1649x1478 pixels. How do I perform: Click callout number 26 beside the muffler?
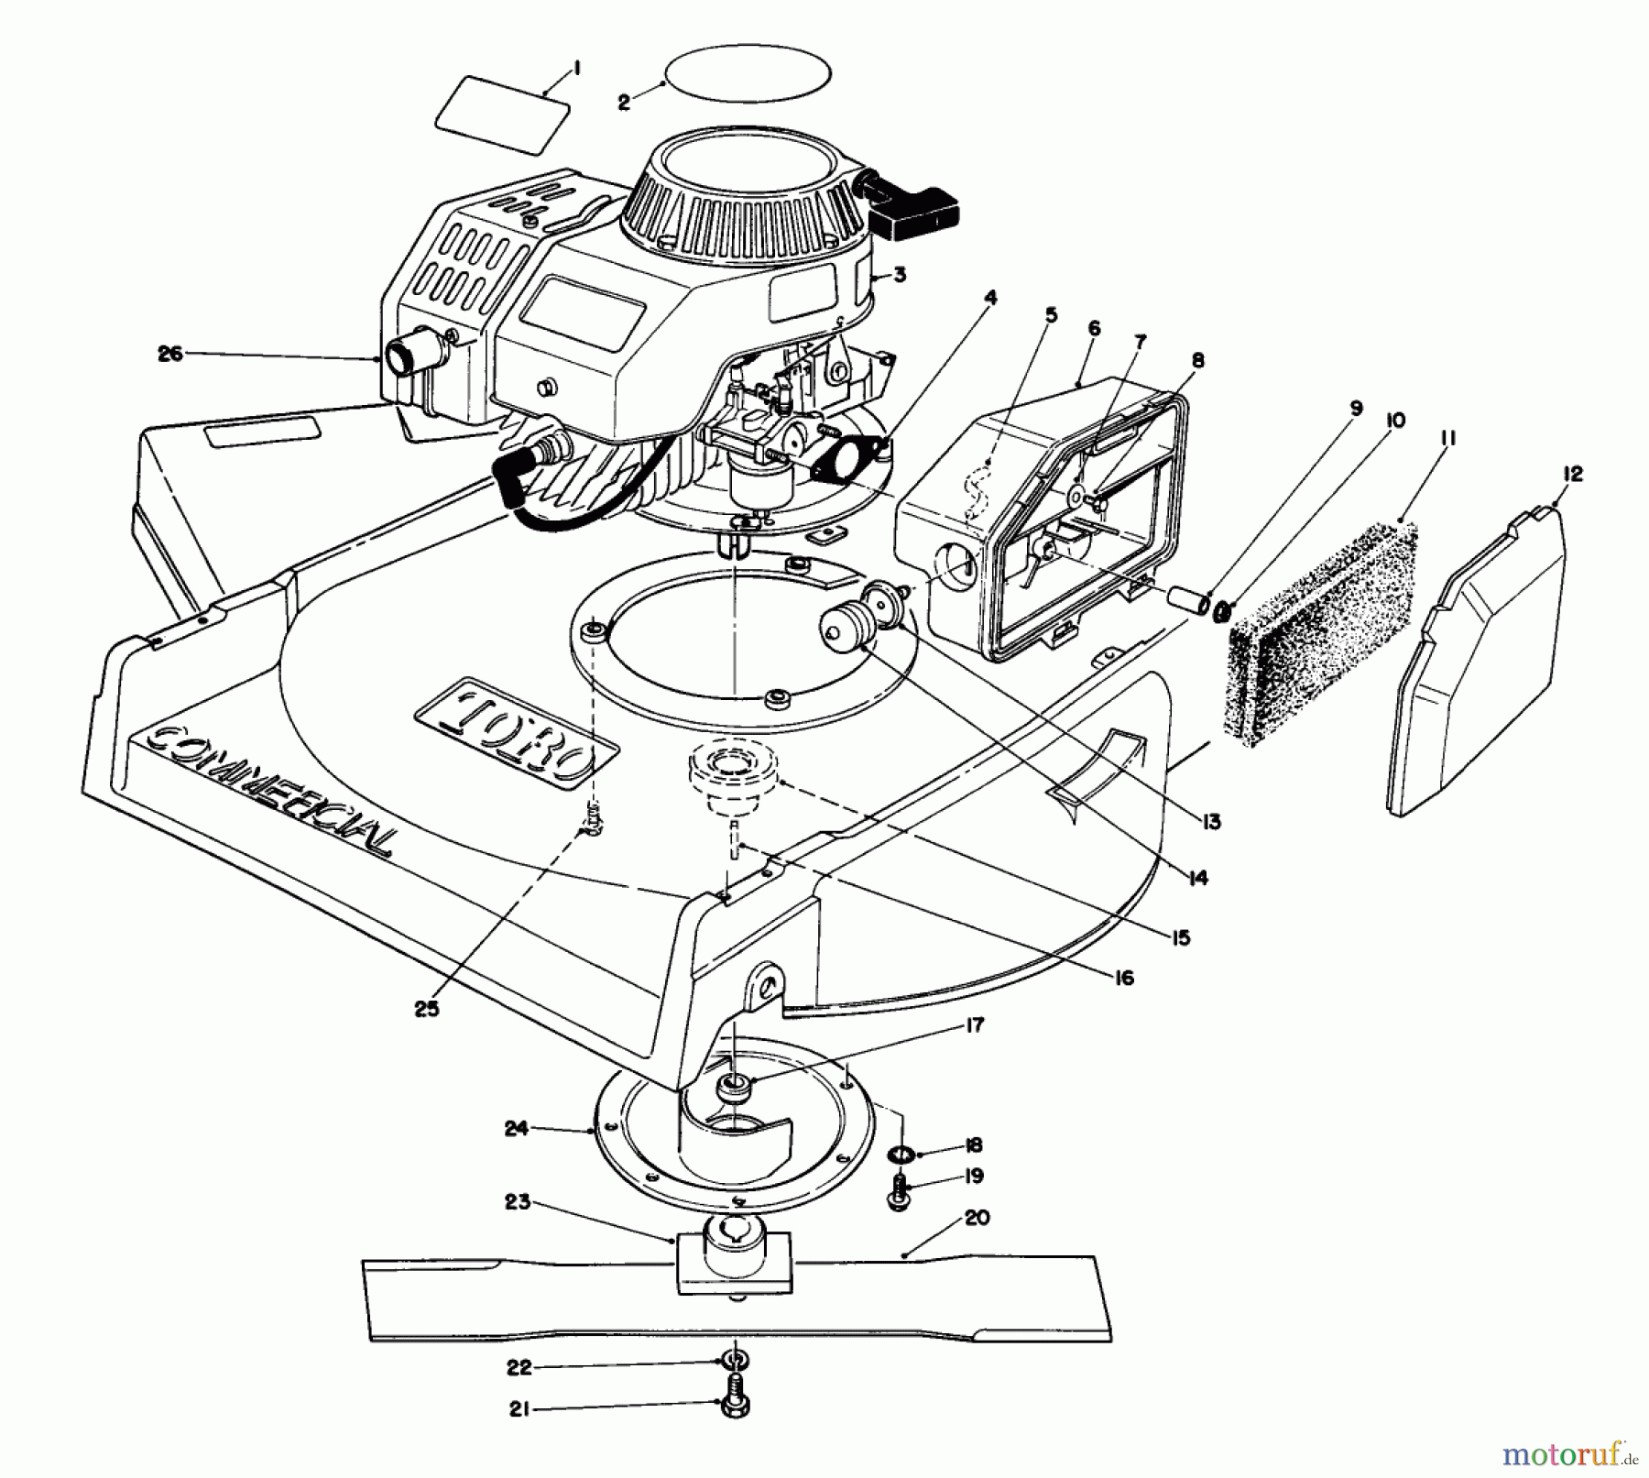coord(170,354)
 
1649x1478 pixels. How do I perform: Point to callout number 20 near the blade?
coord(977,1218)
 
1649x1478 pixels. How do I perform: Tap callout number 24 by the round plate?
coord(516,1129)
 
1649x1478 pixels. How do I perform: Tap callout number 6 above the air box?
coord(1093,328)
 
